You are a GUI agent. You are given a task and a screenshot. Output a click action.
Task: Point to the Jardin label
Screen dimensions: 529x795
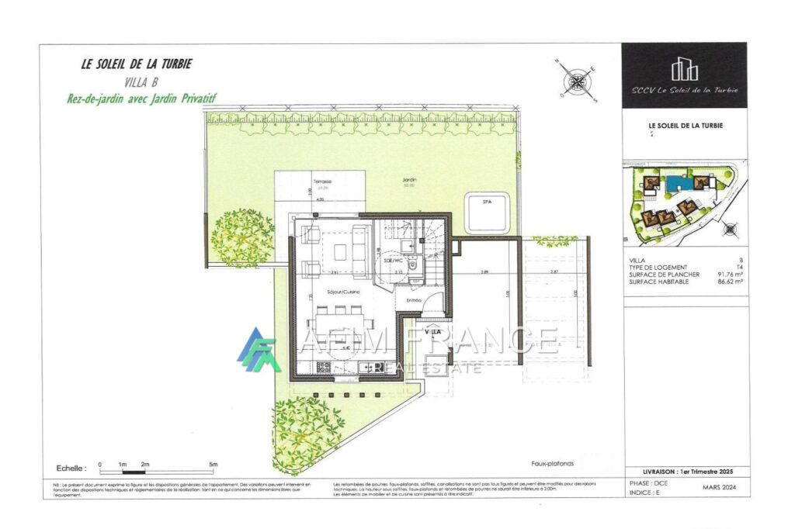click(x=409, y=181)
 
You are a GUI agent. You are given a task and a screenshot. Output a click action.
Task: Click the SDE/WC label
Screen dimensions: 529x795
click(x=392, y=262)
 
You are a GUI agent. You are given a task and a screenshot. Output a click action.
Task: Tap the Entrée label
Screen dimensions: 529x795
click(x=413, y=300)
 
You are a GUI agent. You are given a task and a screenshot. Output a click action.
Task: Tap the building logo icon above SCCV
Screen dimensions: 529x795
click(x=684, y=70)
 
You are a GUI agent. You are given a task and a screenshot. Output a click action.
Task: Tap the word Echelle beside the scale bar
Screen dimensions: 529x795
click(x=71, y=469)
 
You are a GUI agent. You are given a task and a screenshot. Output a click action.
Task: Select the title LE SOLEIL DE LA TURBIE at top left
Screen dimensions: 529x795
click(x=136, y=64)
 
